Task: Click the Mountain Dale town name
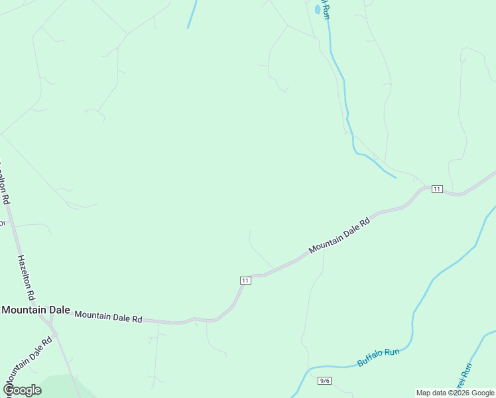(36, 310)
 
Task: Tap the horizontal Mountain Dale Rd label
(108, 317)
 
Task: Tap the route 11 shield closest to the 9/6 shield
(245, 281)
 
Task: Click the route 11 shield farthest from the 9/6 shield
(436, 189)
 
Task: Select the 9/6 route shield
(324, 380)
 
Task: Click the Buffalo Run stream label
(379, 357)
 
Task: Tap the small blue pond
(317, 9)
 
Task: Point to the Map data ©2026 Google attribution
(456, 393)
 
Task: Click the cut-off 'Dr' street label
(2, 224)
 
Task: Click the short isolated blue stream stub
(192, 13)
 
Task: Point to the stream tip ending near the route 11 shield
(396, 177)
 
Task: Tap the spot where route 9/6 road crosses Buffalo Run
(308, 368)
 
